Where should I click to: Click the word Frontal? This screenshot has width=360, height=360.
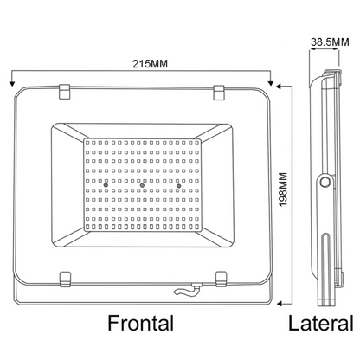[x=140, y=324]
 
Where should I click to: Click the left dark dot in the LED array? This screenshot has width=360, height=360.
[x=103, y=186]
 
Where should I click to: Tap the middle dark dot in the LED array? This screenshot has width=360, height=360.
[x=141, y=186]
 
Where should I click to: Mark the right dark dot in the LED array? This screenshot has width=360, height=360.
[x=179, y=186]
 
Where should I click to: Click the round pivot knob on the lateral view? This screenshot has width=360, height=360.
[x=325, y=183]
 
